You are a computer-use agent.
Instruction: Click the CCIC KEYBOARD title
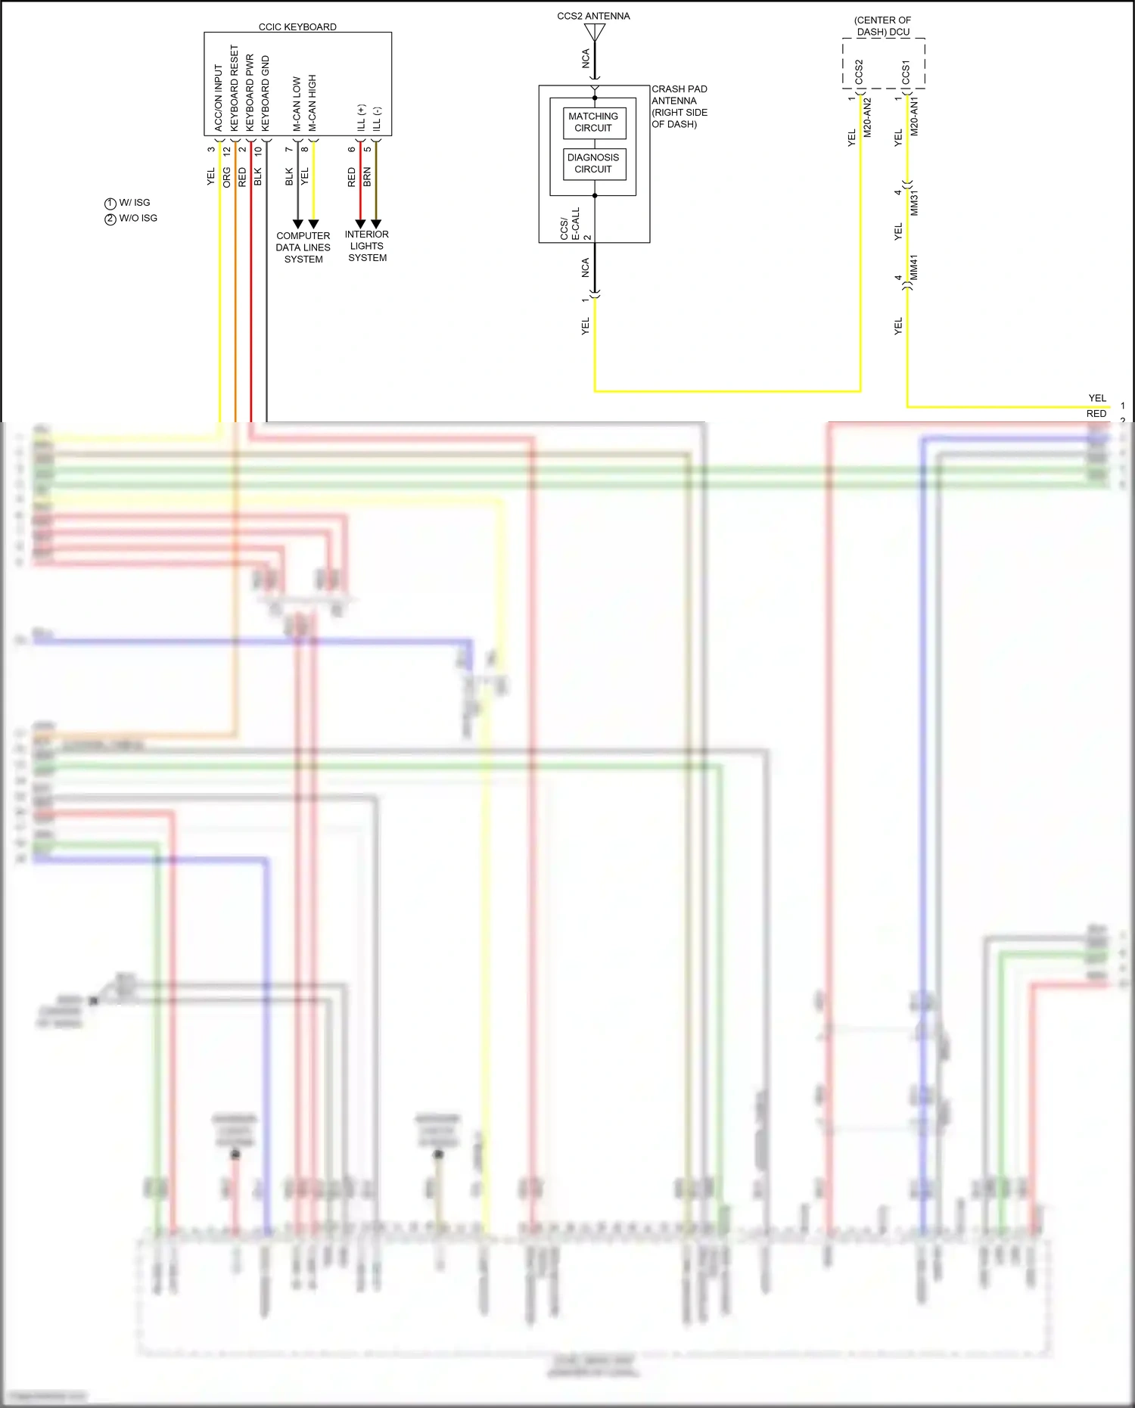(297, 26)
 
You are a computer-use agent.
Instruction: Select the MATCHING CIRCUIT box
(593, 122)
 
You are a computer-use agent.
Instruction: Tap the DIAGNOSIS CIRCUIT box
(593, 163)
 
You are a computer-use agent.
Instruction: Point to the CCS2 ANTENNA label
(593, 16)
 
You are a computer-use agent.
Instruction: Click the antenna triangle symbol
(595, 33)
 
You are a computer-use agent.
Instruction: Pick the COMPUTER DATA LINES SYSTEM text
(303, 247)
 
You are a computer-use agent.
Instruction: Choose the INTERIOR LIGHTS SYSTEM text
(367, 246)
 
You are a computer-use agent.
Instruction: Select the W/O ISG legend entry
(131, 218)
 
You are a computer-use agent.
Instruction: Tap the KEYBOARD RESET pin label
(234, 87)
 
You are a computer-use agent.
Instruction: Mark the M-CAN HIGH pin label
(313, 102)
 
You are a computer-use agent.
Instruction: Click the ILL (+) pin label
(361, 117)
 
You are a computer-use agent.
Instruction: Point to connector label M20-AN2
(868, 117)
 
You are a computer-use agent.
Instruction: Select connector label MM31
(914, 204)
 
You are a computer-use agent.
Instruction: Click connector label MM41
(913, 268)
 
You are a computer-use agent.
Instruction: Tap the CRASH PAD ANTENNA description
(679, 107)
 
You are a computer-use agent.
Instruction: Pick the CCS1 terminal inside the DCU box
(906, 73)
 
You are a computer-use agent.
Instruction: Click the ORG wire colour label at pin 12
(227, 177)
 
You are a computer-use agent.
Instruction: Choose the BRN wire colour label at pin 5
(368, 177)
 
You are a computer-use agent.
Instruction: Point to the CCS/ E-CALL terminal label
(570, 225)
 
